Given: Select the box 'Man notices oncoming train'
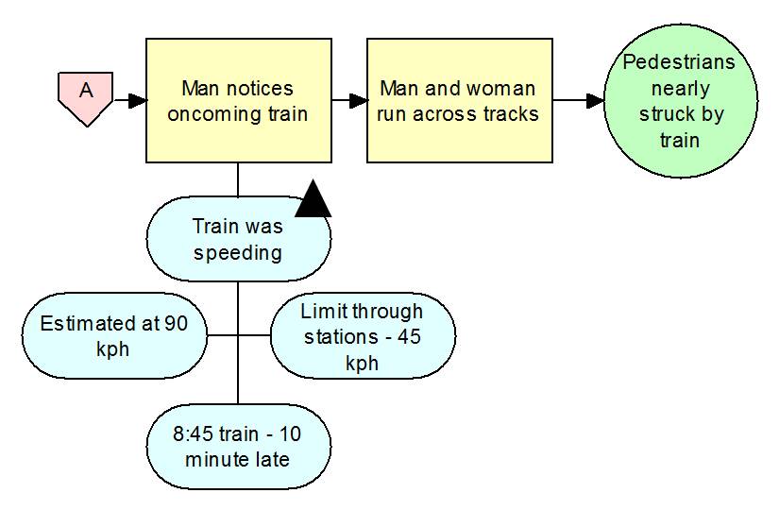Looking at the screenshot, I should coord(238,100).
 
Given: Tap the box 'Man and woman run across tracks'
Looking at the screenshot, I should coord(458,100).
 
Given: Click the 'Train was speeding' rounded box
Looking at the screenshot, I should coord(238,240).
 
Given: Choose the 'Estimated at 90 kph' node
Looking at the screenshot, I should coord(113,335).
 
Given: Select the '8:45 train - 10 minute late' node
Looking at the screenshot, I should coord(238,447).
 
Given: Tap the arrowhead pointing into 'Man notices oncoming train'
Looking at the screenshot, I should coord(138,100).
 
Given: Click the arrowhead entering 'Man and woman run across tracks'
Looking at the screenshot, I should coord(358,100).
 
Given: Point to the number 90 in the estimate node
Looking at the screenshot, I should coord(176,323).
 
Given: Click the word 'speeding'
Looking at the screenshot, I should coord(238,252).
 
